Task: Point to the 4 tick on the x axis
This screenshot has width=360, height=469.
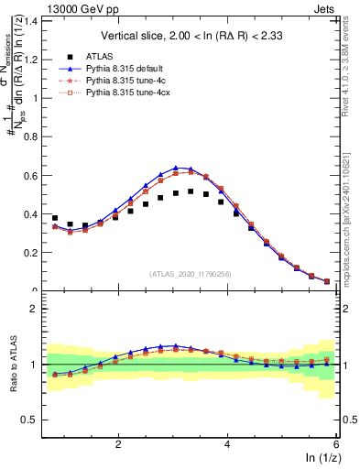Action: (x=227, y=444)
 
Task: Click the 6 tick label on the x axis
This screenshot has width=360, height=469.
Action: (x=335, y=444)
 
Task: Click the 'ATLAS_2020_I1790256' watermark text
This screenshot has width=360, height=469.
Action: (x=191, y=274)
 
